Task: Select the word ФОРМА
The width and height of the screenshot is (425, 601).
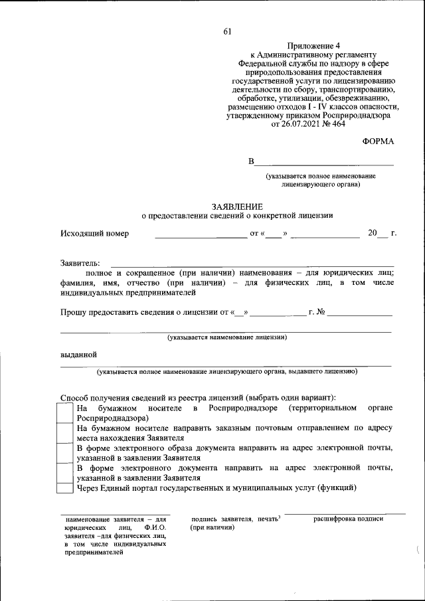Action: (x=378, y=142)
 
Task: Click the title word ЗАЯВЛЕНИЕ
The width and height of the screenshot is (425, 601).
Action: (x=237, y=207)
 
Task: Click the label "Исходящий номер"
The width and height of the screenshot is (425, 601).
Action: (x=95, y=234)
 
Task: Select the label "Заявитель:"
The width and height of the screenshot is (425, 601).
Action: (x=80, y=264)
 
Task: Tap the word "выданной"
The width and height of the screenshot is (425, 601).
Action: (x=79, y=354)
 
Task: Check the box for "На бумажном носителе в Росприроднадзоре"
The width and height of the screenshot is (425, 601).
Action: (x=65, y=412)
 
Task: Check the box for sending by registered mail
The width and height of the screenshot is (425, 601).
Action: (x=65, y=433)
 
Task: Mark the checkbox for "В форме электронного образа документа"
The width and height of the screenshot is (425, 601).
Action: (x=65, y=453)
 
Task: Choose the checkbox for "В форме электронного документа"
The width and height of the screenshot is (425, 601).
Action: (x=65, y=473)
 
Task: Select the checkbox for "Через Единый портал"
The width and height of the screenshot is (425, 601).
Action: (x=65, y=489)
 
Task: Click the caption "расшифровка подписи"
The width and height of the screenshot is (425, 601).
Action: (x=348, y=519)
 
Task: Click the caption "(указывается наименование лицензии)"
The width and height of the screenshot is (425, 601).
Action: (x=226, y=337)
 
